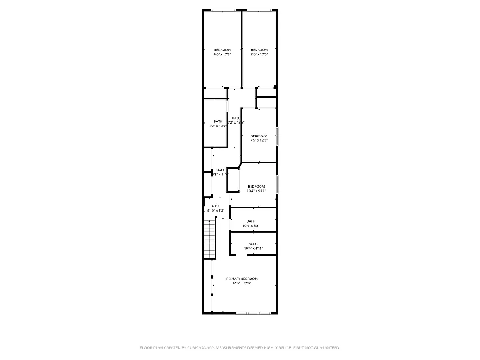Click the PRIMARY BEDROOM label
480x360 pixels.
(242, 279)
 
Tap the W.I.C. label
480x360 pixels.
(253, 243)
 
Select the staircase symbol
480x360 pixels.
(209, 238)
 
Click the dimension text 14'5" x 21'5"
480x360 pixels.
(242, 283)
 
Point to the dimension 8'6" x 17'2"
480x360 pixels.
(222, 54)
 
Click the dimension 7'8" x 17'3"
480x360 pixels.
(259, 54)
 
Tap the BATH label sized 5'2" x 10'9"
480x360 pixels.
(218, 121)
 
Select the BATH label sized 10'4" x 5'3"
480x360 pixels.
(251, 221)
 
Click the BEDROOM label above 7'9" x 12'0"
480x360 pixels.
(259, 135)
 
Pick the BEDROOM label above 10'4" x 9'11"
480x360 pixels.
(256, 186)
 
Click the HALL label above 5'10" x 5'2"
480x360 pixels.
(216, 206)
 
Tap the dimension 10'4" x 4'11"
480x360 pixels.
(253, 248)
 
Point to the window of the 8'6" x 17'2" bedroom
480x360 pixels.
(224, 10)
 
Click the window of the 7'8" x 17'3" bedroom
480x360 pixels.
(259, 10)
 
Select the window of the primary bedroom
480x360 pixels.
(254, 312)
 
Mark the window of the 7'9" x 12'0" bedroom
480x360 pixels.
(278, 136)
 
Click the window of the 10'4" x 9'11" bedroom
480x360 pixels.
(278, 184)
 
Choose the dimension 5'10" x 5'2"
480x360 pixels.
(216, 211)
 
